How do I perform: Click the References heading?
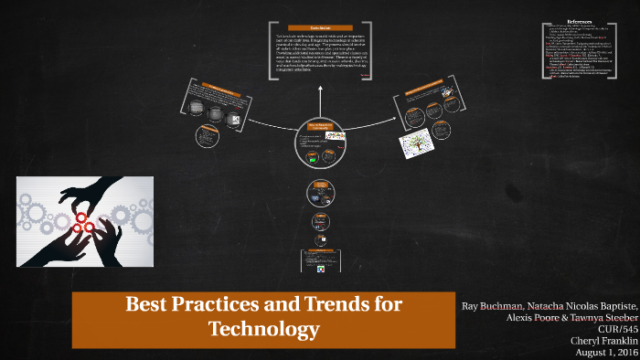[x=580, y=21]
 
